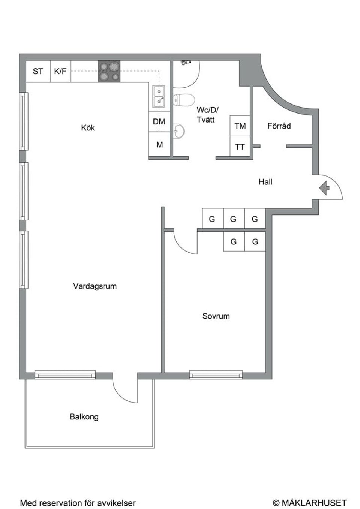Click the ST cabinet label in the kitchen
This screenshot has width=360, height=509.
point(38,71)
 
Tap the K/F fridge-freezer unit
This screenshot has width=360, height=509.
point(61,71)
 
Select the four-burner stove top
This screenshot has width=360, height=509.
point(109,71)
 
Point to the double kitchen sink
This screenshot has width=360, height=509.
point(159,96)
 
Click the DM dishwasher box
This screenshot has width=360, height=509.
point(159,121)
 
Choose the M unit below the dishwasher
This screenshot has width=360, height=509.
point(159,144)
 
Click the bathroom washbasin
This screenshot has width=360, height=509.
point(179,131)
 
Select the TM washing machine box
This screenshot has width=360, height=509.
point(240,126)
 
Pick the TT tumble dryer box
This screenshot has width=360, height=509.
point(240,147)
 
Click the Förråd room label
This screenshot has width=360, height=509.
point(279,126)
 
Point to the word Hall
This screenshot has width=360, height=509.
point(265,182)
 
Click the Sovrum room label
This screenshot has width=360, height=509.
point(216,316)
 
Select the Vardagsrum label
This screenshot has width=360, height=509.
point(95,286)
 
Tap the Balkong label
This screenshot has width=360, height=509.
point(84,417)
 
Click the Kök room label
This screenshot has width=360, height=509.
point(88,128)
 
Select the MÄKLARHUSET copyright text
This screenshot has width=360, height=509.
point(310,502)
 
